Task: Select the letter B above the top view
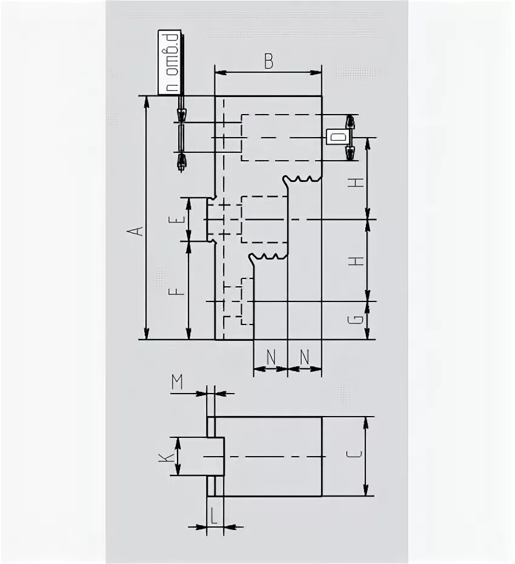tap(268, 61)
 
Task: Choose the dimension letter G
tap(359, 319)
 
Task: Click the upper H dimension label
tap(359, 182)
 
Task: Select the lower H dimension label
tap(359, 261)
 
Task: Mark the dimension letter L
tap(214, 515)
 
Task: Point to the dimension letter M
tap(177, 382)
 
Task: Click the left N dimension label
tap(271, 358)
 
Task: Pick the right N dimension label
tap(305, 358)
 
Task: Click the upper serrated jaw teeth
tap(301, 178)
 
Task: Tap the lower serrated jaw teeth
tap(267, 257)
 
